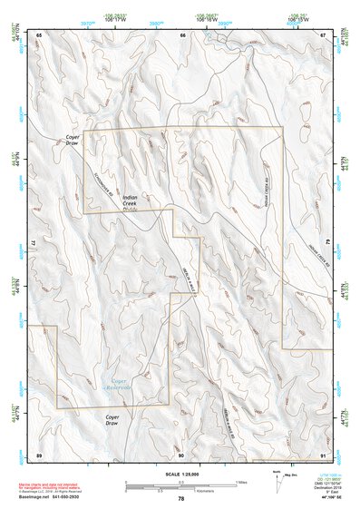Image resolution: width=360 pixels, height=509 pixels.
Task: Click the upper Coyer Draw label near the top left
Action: (x=73, y=142)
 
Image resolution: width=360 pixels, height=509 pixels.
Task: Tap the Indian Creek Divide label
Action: (x=131, y=203)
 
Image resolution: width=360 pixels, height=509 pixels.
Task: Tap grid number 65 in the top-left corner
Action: (x=39, y=35)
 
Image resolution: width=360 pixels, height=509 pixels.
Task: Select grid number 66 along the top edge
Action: (x=182, y=35)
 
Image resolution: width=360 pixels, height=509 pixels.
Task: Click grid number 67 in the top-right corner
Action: (x=323, y=35)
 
